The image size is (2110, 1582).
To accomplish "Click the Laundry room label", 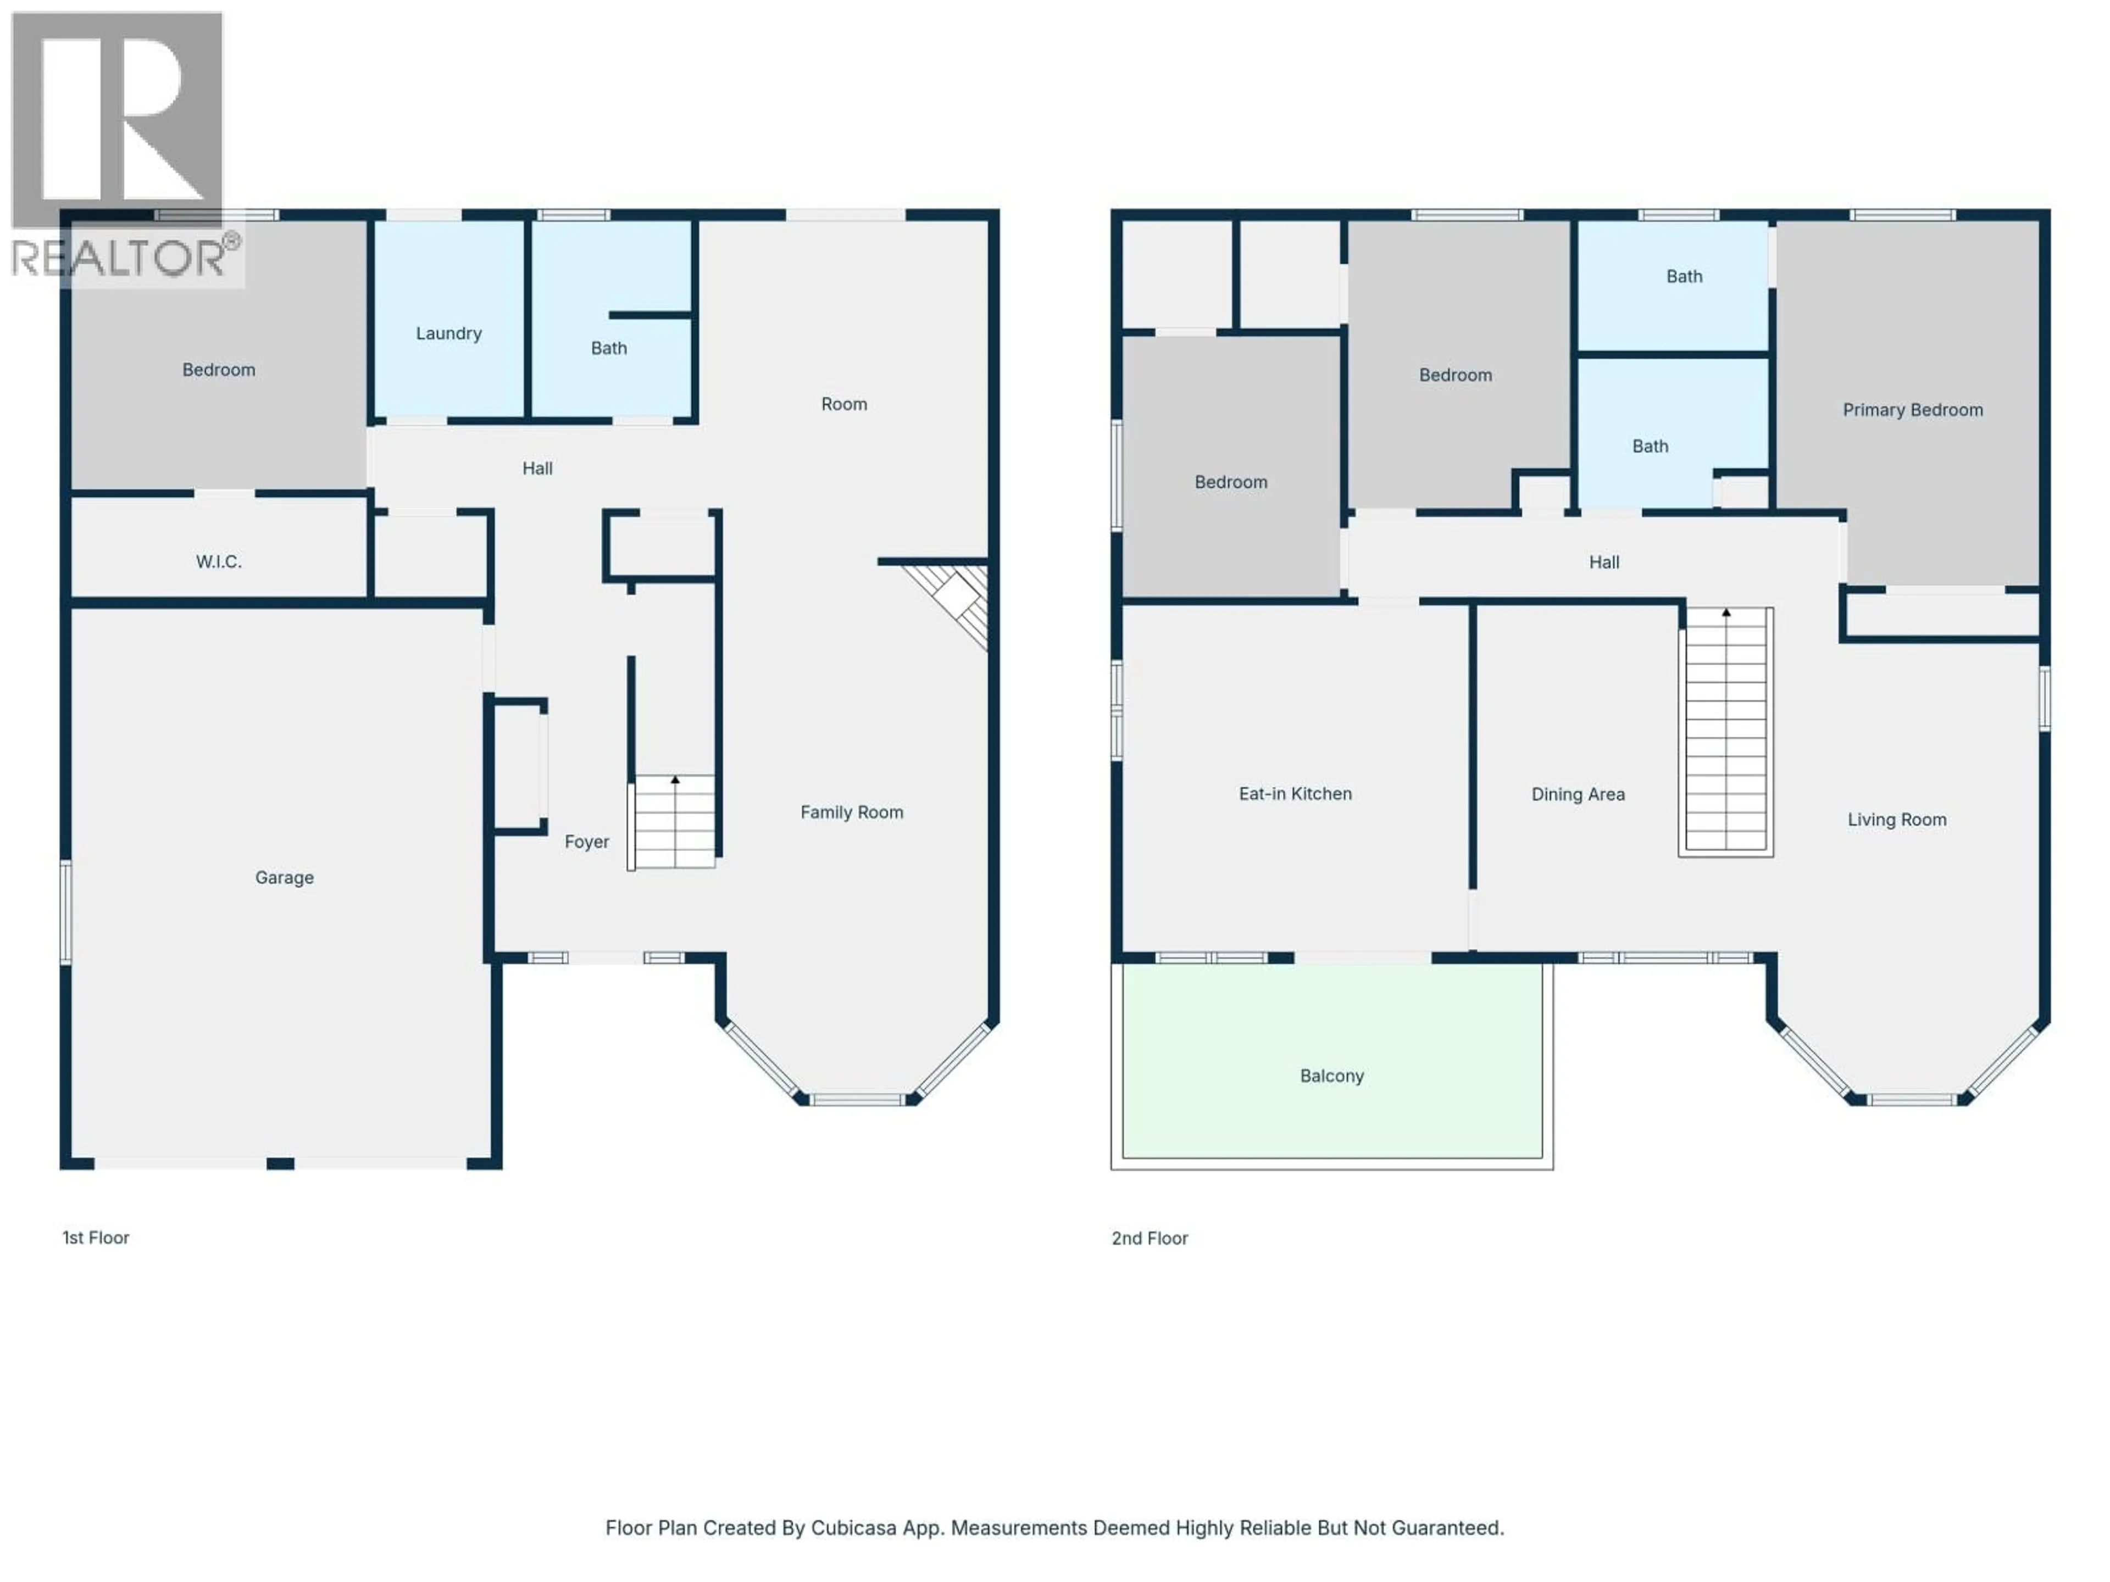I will click(448, 333).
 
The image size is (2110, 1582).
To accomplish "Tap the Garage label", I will click(284, 877).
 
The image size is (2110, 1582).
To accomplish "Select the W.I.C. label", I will click(219, 561).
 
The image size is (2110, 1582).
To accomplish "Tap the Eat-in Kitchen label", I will click(1295, 793).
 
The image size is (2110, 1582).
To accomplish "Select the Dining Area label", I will click(1578, 794).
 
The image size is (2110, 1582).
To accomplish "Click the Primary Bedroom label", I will click(1912, 410).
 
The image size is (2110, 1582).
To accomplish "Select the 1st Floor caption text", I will click(96, 1238).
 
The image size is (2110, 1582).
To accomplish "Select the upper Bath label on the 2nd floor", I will click(1684, 276).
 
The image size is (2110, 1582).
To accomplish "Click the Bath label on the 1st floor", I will click(609, 348).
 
